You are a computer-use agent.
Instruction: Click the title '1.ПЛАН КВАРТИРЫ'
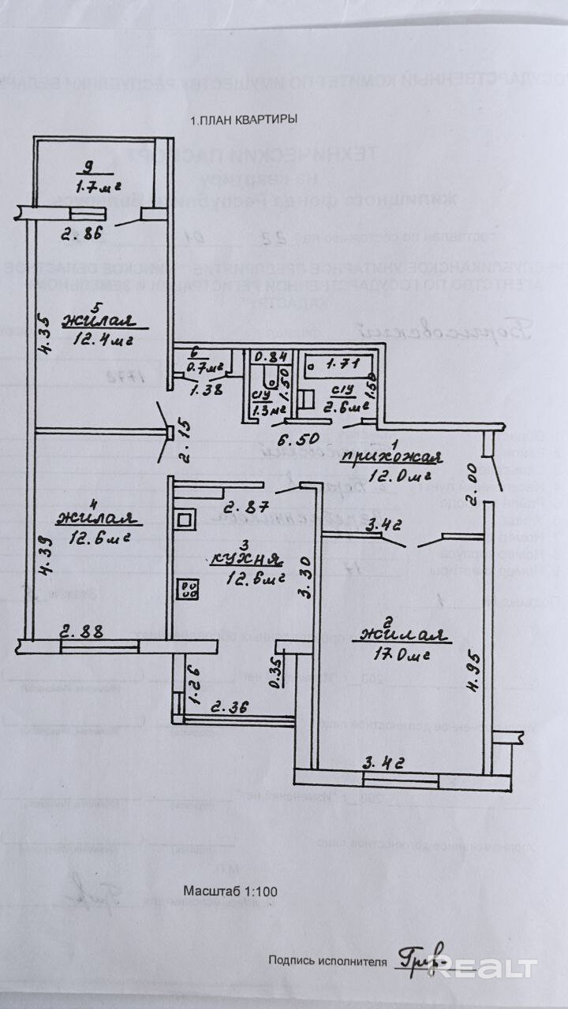tap(244, 121)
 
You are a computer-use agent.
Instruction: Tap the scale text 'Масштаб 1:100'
tap(230, 891)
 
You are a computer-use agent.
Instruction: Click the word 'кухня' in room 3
tap(246, 560)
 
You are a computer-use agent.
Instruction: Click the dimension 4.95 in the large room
tap(471, 670)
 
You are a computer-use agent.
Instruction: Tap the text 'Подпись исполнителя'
tap(327, 961)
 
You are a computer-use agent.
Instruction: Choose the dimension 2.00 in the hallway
tap(471, 475)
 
